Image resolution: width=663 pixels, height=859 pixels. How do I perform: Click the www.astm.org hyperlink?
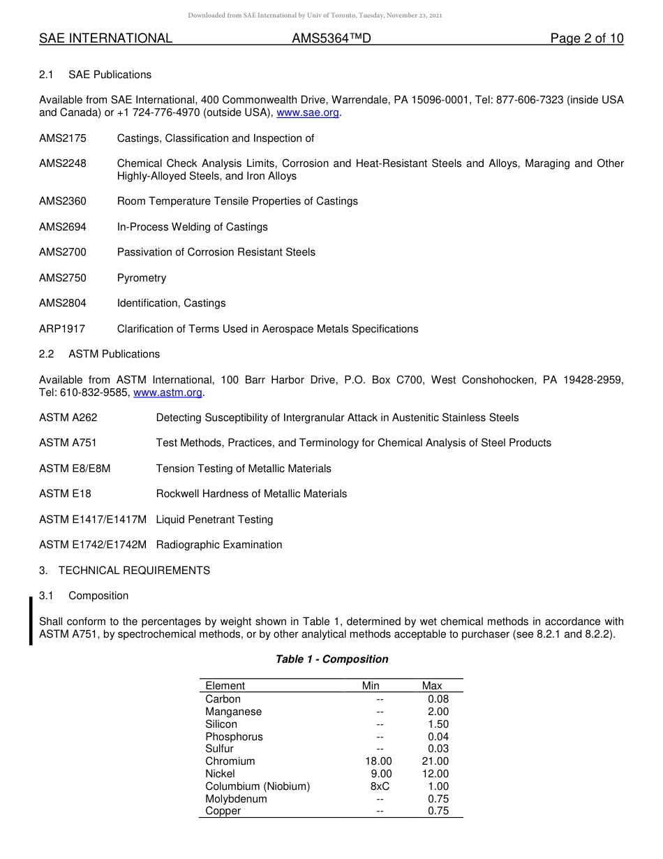[x=167, y=392]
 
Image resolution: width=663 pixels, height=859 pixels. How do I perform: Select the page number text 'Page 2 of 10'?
[x=586, y=38]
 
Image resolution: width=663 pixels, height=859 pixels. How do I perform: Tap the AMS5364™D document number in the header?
[x=331, y=38]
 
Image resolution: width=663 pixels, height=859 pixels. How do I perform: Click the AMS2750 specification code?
[x=63, y=278]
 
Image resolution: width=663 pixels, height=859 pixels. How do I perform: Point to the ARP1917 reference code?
[x=62, y=329]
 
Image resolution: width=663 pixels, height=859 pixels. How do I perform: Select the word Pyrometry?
[x=142, y=278]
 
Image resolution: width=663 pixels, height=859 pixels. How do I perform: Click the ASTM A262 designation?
[x=68, y=418]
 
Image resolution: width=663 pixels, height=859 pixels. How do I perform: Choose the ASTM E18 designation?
[x=65, y=494]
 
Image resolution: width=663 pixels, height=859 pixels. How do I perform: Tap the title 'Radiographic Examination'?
[x=219, y=545]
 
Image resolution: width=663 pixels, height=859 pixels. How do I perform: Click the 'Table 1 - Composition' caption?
[x=331, y=659]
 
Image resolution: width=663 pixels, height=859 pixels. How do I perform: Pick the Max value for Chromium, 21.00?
[x=435, y=761]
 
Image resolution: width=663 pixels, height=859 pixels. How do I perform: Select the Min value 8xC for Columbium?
[x=380, y=786]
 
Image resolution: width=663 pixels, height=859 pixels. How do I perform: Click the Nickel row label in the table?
[x=220, y=774]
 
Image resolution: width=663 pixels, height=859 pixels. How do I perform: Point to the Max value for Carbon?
[x=438, y=699]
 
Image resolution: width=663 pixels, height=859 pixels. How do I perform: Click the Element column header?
[x=225, y=686]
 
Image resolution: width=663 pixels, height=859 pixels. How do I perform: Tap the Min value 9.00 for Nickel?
[x=381, y=774]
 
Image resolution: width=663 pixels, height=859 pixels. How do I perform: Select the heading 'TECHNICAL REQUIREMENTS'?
[x=134, y=571]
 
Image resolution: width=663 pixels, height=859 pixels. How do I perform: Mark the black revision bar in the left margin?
[x=31, y=621]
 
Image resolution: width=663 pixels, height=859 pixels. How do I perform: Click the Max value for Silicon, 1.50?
[x=438, y=724]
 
